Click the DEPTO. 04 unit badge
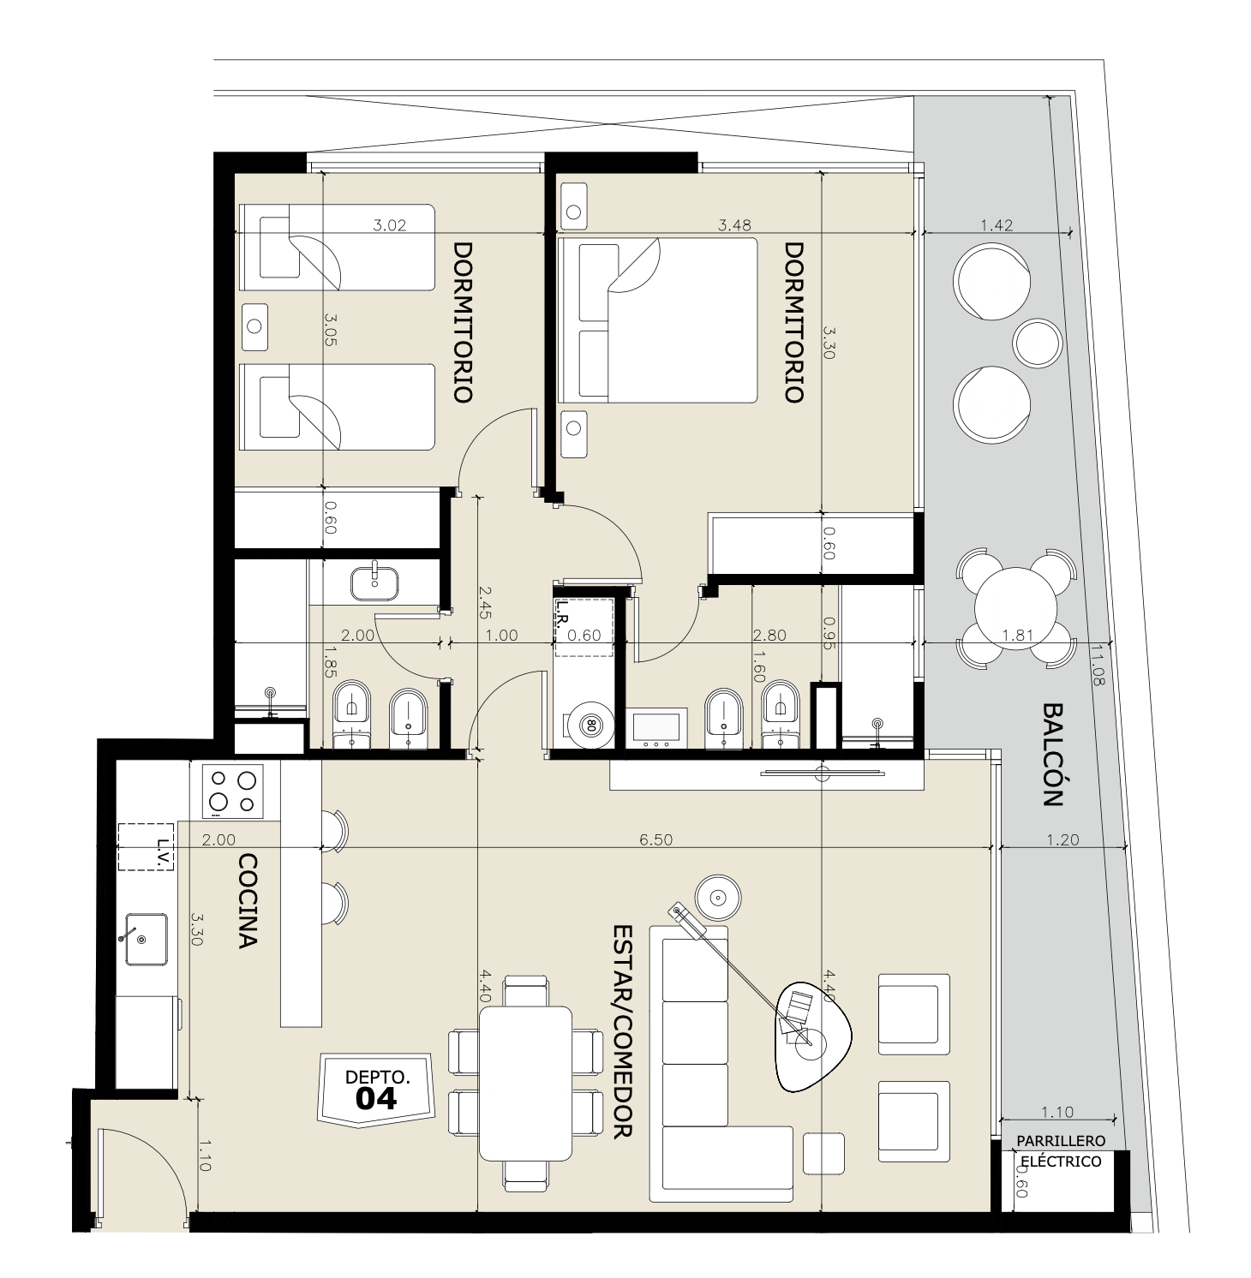tap(378, 1086)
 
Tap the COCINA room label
tap(248, 900)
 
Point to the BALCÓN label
tap(1053, 755)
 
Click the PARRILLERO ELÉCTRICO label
tap(1060, 1151)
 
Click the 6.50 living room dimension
tap(656, 840)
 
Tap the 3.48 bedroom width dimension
tap(735, 225)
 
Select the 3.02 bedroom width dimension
tap(390, 226)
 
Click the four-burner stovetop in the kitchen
tap(233, 791)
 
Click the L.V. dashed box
tap(146, 846)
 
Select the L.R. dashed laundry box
tap(584, 627)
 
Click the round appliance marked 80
tap(590, 724)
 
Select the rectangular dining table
tap(525, 1082)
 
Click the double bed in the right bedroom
tap(657, 320)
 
